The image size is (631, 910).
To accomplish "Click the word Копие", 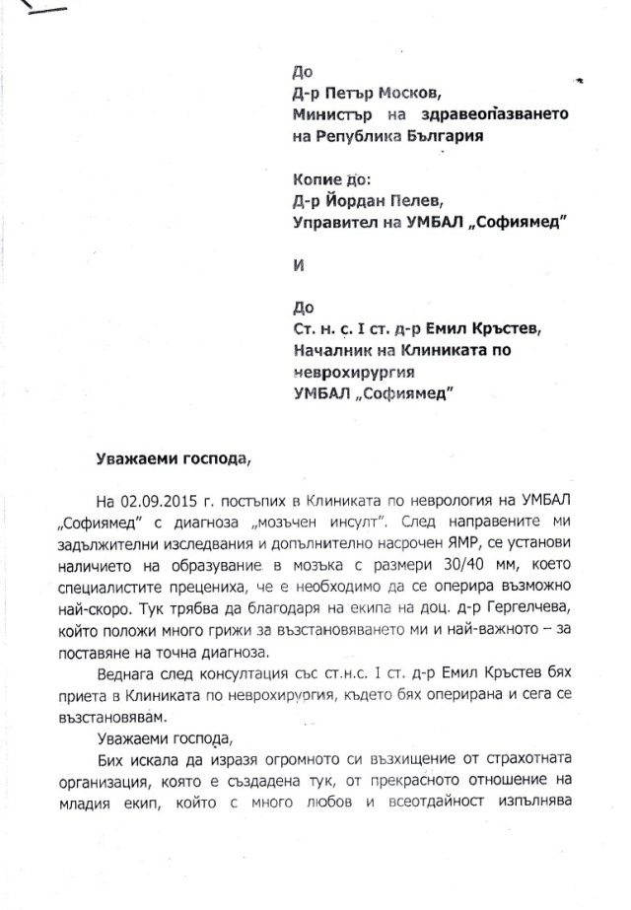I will [316, 180].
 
